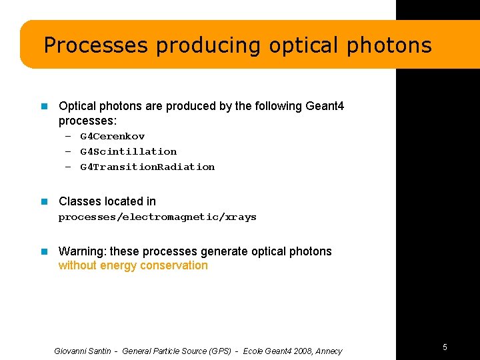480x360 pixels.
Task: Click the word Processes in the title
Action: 95,45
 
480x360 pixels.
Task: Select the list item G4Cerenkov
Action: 112,136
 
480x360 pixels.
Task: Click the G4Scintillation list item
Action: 128,151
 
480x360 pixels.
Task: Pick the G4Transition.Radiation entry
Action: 147,167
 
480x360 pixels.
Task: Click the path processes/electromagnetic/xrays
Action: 157,217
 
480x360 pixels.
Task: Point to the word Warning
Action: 82,251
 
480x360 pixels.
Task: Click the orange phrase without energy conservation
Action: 133,265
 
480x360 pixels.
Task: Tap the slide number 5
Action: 445,347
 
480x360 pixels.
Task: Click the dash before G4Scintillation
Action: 68,151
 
